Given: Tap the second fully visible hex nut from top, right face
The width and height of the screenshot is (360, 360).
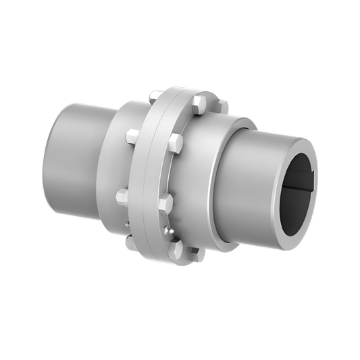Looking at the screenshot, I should tap(175, 143).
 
